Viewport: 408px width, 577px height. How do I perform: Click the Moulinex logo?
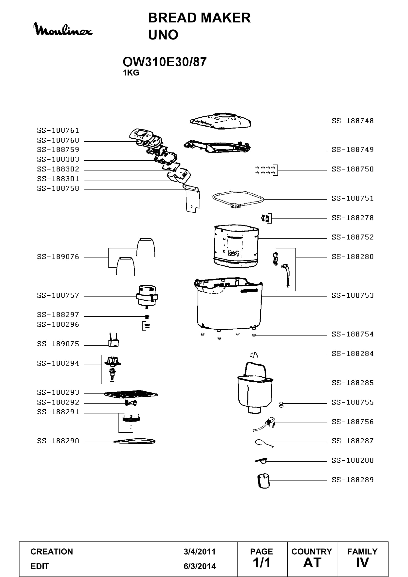coord(63,29)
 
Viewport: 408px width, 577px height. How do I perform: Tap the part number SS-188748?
coord(352,121)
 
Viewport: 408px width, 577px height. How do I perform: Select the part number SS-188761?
coord(58,130)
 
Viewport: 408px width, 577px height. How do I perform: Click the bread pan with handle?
coord(255,388)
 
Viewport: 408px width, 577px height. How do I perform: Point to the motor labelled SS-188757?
coord(147,297)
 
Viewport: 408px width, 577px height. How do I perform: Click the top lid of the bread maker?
coord(221,121)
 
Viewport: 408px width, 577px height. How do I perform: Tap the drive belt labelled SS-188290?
coord(134,441)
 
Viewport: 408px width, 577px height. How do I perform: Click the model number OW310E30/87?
coord(165,62)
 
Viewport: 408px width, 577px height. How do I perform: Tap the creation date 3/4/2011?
coord(200,552)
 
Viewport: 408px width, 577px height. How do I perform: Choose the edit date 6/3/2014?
coord(200,566)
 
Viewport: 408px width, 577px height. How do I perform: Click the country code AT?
coord(312,563)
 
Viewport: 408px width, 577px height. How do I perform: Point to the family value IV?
coord(362,563)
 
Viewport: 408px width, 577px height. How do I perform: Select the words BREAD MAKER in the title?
coord(199,18)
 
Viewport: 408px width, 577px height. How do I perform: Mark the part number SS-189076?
coord(58,257)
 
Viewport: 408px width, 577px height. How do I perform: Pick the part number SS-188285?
coord(352,383)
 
